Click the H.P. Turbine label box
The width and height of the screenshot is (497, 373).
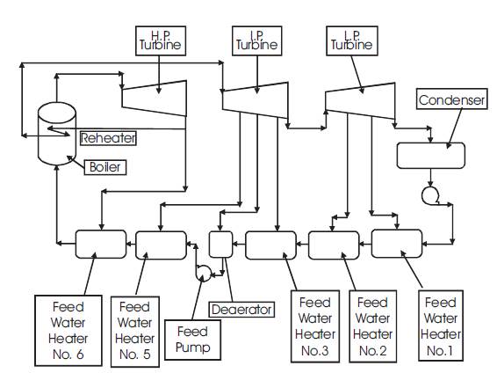(x=161, y=41)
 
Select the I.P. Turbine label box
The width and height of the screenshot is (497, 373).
(x=257, y=41)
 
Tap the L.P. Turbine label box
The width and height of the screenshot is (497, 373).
(x=352, y=41)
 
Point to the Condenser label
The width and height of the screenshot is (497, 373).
(x=451, y=99)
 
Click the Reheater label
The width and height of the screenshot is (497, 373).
(x=108, y=138)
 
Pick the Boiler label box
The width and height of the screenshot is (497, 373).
(x=105, y=167)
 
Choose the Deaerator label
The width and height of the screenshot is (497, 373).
(x=241, y=310)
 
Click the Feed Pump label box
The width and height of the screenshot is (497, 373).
(x=192, y=340)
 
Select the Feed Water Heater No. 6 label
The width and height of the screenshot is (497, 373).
(x=68, y=331)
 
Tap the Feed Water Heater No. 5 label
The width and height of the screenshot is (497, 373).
(x=135, y=332)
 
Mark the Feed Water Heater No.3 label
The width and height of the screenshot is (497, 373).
(x=315, y=326)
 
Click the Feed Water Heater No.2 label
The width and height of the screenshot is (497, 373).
(x=372, y=326)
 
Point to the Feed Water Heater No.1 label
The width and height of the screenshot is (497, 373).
(x=441, y=325)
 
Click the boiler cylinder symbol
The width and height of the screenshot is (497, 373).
(x=57, y=134)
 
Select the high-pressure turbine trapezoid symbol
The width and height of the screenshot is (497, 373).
(x=154, y=99)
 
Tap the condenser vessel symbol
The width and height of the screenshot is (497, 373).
(x=431, y=156)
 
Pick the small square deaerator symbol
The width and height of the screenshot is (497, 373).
(x=220, y=245)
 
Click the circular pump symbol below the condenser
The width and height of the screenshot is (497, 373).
(x=430, y=195)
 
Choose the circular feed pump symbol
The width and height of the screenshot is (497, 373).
(x=203, y=273)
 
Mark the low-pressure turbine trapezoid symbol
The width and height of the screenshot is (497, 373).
(x=360, y=101)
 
